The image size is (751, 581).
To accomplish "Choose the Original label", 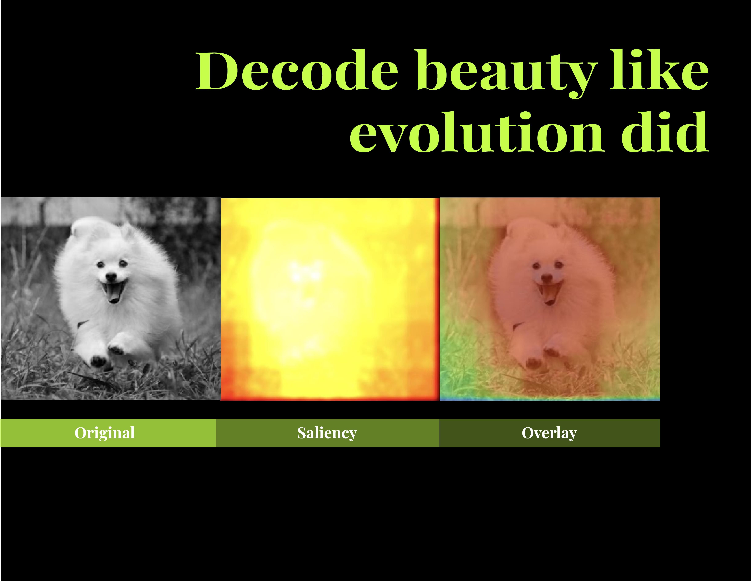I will pos(105,433).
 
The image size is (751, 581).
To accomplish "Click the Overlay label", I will pos(549,433).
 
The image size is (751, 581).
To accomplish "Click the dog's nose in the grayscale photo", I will pos(111,276).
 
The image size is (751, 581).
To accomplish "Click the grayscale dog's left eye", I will pos(100,264).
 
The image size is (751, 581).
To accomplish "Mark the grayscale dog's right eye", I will pos(123,263).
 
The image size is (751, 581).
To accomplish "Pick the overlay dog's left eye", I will pos(536,266).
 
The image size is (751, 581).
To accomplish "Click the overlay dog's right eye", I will pos(559,265).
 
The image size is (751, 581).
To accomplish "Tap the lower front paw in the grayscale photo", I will pos(98,360).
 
